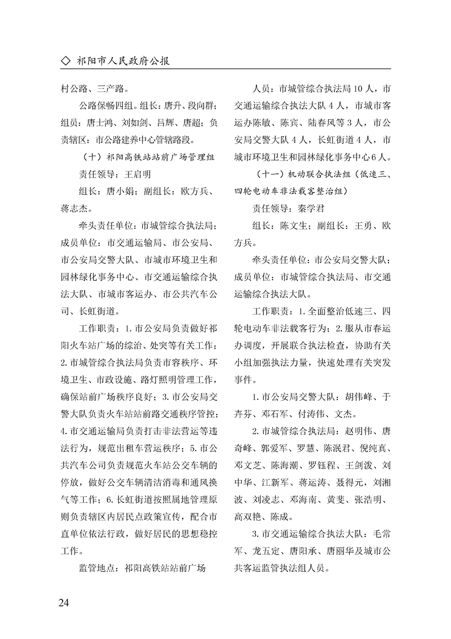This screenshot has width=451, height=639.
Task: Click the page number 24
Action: click(63, 603)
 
